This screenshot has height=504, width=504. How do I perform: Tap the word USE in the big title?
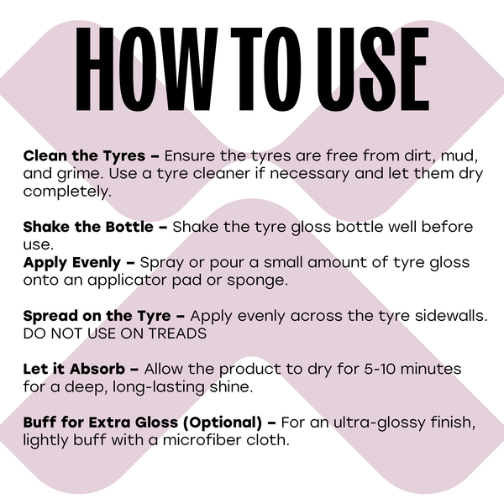pyautogui.click(x=373, y=69)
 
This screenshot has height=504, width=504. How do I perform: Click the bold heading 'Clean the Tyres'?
pyautogui.click(x=84, y=156)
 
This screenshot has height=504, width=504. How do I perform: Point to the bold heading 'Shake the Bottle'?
pyautogui.click(x=88, y=227)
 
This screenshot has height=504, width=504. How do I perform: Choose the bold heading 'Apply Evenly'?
pyautogui.click(x=72, y=263)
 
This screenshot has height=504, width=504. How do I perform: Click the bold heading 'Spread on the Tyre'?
pyautogui.click(x=97, y=316)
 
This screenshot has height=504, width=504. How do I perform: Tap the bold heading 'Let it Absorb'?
pyautogui.click(x=74, y=369)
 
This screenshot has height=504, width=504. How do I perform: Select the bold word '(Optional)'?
pyautogui.click(x=223, y=423)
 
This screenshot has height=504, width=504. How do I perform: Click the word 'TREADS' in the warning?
pyautogui.click(x=177, y=333)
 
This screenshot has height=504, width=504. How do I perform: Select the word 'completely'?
pyautogui.click(x=66, y=192)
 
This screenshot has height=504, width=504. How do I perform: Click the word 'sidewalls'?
pyautogui.click(x=449, y=316)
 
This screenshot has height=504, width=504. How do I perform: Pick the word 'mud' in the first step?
pyautogui.click(x=458, y=156)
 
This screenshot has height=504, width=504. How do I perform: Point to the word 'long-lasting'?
pyautogui.click(x=159, y=387)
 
